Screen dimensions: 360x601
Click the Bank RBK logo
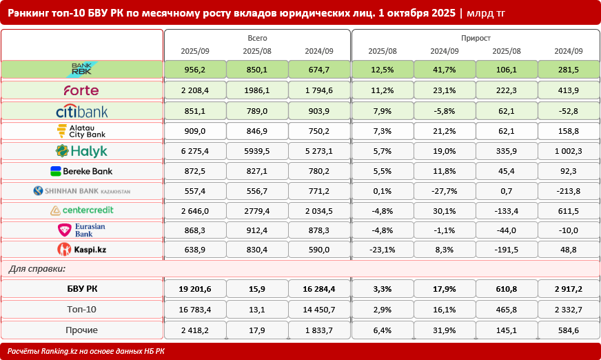pos(81,69)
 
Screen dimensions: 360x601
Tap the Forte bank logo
pos(81,90)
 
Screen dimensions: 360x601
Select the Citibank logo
pos(81,111)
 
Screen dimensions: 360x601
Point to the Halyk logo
pos(81,151)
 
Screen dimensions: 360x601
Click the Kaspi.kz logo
pos(81,250)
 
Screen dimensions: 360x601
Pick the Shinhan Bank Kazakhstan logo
pos(81,191)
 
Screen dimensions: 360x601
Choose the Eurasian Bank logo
pos(81,230)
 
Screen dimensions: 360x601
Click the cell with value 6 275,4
pos(194,151)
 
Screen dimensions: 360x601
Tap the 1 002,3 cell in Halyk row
pos(569,151)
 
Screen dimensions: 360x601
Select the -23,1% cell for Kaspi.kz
pos(382,250)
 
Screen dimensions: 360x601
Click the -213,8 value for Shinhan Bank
pos(569,191)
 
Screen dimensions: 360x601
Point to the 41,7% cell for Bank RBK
pos(444,69)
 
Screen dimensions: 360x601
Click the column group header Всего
pos(256,39)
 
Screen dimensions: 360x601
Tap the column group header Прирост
pos(475,39)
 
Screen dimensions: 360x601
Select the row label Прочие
pos(81,330)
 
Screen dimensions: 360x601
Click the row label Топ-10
pos(81,310)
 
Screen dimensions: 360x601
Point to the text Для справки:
pos(37,268)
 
